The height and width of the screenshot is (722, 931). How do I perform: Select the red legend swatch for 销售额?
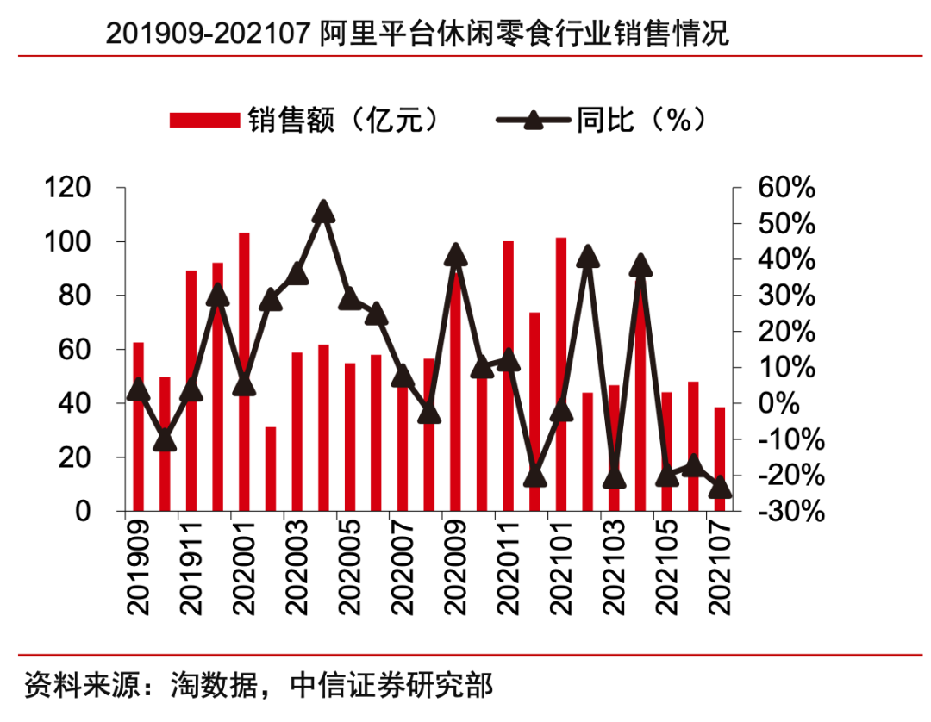[203, 120]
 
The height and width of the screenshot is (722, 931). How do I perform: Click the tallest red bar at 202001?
[244, 370]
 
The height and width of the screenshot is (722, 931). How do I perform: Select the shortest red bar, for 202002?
[270, 469]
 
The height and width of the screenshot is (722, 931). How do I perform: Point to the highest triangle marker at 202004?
[322, 211]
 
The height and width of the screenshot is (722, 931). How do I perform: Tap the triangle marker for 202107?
[719, 489]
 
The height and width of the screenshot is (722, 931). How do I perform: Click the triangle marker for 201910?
[165, 441]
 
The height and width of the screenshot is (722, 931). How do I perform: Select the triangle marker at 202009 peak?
[455, 255]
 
